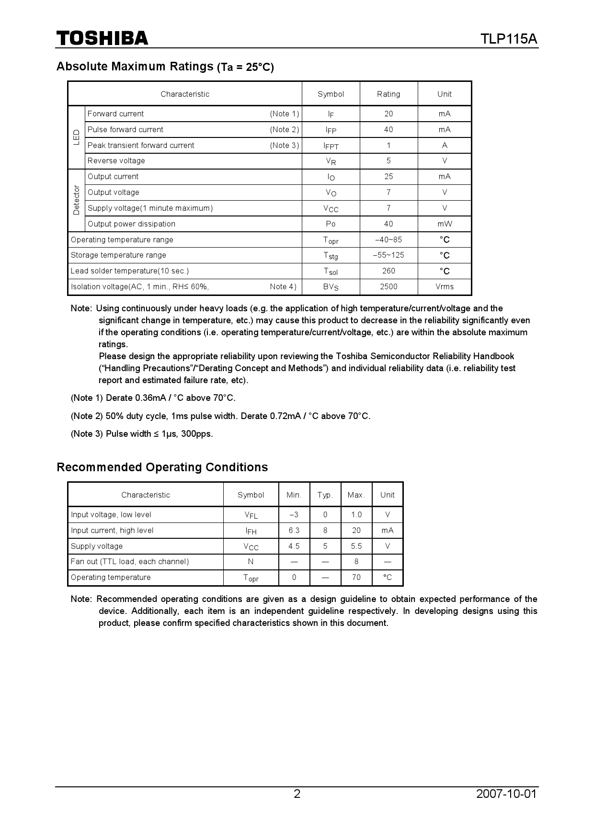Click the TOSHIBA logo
click(x=103, y=38)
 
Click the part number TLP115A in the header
click(x=509, y=39)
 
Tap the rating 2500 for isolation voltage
click(x=388, y=286)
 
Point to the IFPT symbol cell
click(x=331, y=146)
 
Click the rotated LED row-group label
click(x=76, y=137)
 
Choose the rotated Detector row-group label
click(x=76, y=200)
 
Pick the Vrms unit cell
click(x=444, y=286)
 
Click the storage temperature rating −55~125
click(x=388, y=255)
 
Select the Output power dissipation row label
click(x=131, y=224)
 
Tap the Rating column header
click(x=388, y=94)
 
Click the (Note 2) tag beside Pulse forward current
click(x=284, y=129)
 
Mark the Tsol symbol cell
click(x=331, y=271)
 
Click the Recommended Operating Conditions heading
click(x=162, y=467)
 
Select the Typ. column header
click(x=325, y=495)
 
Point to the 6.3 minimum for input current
click(x=294, y=530)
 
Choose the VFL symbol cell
click(x=251, y=515)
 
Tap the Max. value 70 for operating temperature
click(x=356, y=577)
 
